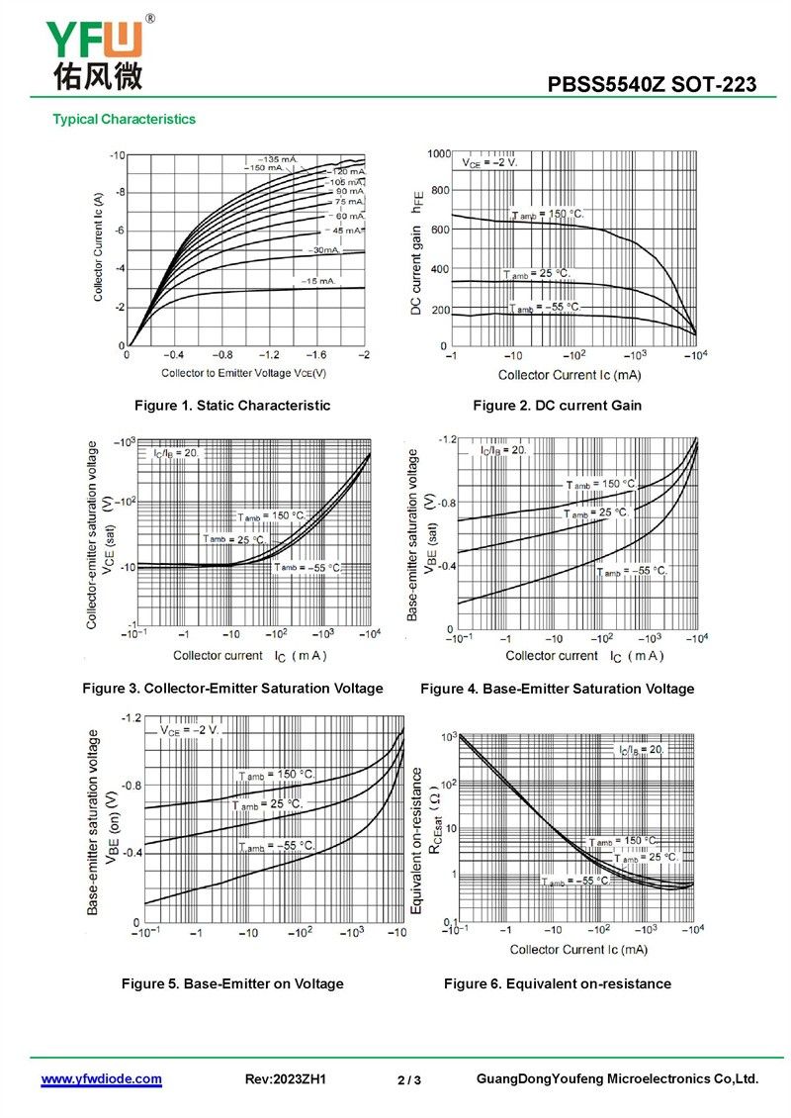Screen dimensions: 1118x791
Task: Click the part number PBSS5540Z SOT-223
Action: (x=652, y=85)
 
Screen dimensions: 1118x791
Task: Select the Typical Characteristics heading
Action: (x=124, y=120)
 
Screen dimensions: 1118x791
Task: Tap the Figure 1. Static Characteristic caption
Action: (x=232, y=406)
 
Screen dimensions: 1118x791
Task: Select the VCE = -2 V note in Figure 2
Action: (x=489, y=161)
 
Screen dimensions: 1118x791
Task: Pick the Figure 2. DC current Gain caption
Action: (x=557, y=406)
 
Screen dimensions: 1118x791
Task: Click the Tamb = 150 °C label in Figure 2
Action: (x=548, y=215)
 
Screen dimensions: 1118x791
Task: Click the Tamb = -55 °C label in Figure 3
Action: (x=308, y=568)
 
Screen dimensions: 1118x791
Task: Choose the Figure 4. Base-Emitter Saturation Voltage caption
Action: (x=557, y=689)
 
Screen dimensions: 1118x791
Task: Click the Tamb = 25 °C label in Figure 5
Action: (x=268, y=804)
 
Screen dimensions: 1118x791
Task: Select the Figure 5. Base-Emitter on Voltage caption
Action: (x=232, y=983)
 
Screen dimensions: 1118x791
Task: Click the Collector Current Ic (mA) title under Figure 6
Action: (x=578, y=950)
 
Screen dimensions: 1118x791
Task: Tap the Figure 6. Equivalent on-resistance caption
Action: (x=557, y=983)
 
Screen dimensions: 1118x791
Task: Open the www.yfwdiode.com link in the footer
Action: (x=101, y=1079)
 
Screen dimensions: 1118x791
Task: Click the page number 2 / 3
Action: (x=409, y=1080)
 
